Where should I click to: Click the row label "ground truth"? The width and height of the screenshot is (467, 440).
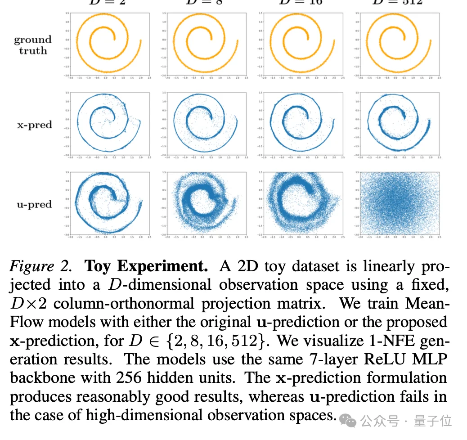[x=33, y=45]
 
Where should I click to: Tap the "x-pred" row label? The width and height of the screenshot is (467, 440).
[x=35, y=125]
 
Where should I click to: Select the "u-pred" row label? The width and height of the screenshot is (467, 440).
[x=35, y=204]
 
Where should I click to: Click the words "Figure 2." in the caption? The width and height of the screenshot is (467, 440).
[x=40, y=267]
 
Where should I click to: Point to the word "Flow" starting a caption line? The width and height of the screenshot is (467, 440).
[x=27, y=322]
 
